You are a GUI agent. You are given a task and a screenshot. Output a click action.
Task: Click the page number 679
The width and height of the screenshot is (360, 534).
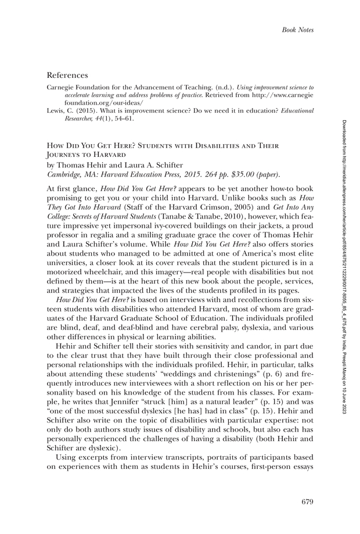click(308, 501)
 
